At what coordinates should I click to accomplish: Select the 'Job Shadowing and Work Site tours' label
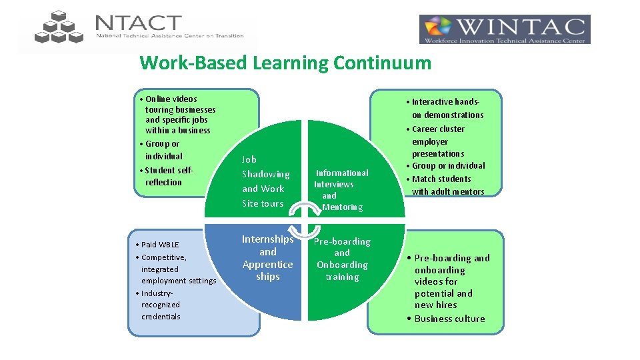(x=265, y=181)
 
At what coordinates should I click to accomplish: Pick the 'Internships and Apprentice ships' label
(x=267, y=257)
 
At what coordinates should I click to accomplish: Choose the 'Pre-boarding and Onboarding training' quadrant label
(x=342, y=259)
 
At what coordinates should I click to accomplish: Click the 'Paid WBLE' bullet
(x=160, y=245)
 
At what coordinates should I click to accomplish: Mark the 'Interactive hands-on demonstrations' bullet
(x=445, y=108)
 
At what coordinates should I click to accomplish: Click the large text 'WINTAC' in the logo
(x=521, y=27)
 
